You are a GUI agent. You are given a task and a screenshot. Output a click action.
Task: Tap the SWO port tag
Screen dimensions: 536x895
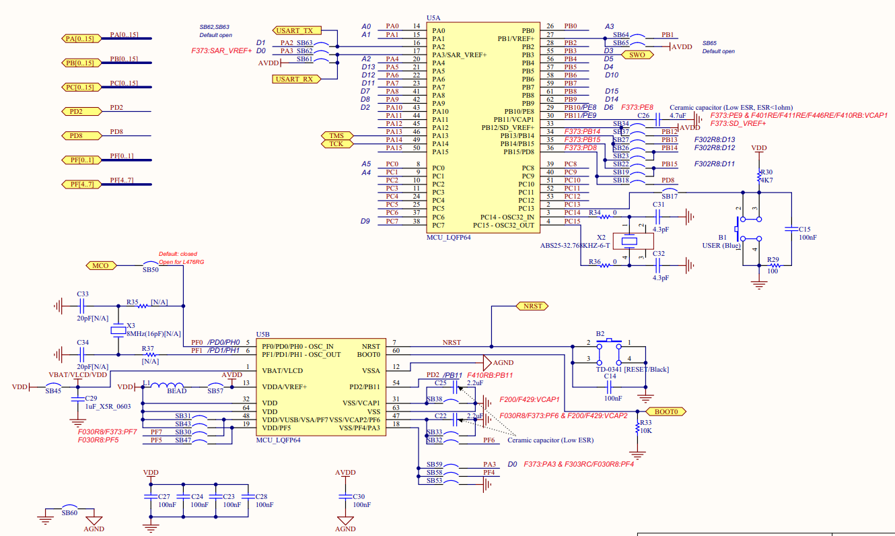click(637, 55)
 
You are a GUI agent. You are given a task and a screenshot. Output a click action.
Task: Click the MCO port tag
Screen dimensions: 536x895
click(101, 265)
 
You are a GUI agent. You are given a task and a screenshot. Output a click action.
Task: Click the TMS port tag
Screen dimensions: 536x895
click(336, 136)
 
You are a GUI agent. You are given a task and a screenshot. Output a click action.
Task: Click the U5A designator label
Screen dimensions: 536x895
click(434, 18)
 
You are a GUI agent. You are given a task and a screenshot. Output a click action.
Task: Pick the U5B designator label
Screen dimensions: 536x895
click(263, 334)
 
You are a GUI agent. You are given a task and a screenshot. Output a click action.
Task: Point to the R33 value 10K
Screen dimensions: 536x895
click(645, 430)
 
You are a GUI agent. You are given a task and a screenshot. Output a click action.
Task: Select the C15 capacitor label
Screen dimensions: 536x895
click(805, 229)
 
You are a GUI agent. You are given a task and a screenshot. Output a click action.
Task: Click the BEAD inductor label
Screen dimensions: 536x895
click(176, 391)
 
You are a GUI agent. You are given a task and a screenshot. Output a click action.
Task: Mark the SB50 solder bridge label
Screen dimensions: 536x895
click(151, 269)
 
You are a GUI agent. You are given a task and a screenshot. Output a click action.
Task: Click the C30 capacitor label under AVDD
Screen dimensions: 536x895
click(359, 496)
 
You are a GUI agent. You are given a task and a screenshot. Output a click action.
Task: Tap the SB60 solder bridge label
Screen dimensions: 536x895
click(69, 513)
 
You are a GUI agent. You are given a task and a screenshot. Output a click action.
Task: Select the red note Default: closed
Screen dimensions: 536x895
click(178, 254)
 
